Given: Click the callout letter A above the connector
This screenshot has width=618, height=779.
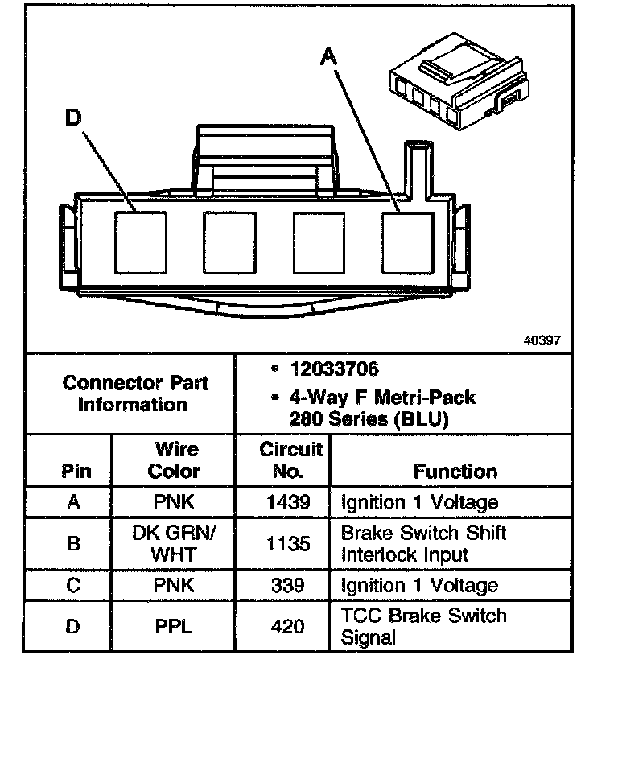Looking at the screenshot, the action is pyautogui.click(x=329, y=56).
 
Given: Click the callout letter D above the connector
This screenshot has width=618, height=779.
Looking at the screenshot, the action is pyautogui.click(x=73, y=119).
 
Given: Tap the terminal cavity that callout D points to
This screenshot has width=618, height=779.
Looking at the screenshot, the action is pyautogui.click(x=140, y=241).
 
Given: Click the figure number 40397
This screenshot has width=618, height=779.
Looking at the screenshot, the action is pyautogui.click(x=542, y=340).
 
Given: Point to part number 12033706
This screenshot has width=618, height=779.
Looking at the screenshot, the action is pyautogui.click(x=334, y=369).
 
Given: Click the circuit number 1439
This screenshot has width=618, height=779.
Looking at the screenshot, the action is pyautogui.click(x=287, y=502).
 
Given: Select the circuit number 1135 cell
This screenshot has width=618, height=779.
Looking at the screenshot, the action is pyautogui.click(x=287, y=544).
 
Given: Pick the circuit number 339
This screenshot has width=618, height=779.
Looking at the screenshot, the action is pyautogui.click(x=287, y=585).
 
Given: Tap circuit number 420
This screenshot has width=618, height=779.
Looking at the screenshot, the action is pyautogui.click(x=287, y=626).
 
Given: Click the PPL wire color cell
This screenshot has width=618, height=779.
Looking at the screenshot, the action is pyautogui.click(x=173, y=626).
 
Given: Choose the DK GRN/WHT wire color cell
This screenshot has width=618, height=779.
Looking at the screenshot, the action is pyautogui.click(x=173, y=543).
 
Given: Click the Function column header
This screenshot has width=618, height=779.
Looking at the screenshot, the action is pyautogui.click(x=455, y=471).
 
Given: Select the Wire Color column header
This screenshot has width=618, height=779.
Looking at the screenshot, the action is pyautogui.click(x=174, y=460).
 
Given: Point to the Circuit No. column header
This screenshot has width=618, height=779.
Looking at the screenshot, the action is pyautogui.click(x=290, y=460).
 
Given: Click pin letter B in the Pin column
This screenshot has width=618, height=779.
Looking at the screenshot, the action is pyautogui.click(x=73, y=544).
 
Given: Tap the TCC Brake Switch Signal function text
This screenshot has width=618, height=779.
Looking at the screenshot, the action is pyautogui.click(x=423, y=627).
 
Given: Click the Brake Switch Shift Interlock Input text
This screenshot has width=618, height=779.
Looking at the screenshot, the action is pyautogui.click(x=423, y=544).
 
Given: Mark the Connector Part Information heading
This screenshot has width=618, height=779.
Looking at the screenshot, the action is pyautogui.click(x=135, y=394).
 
